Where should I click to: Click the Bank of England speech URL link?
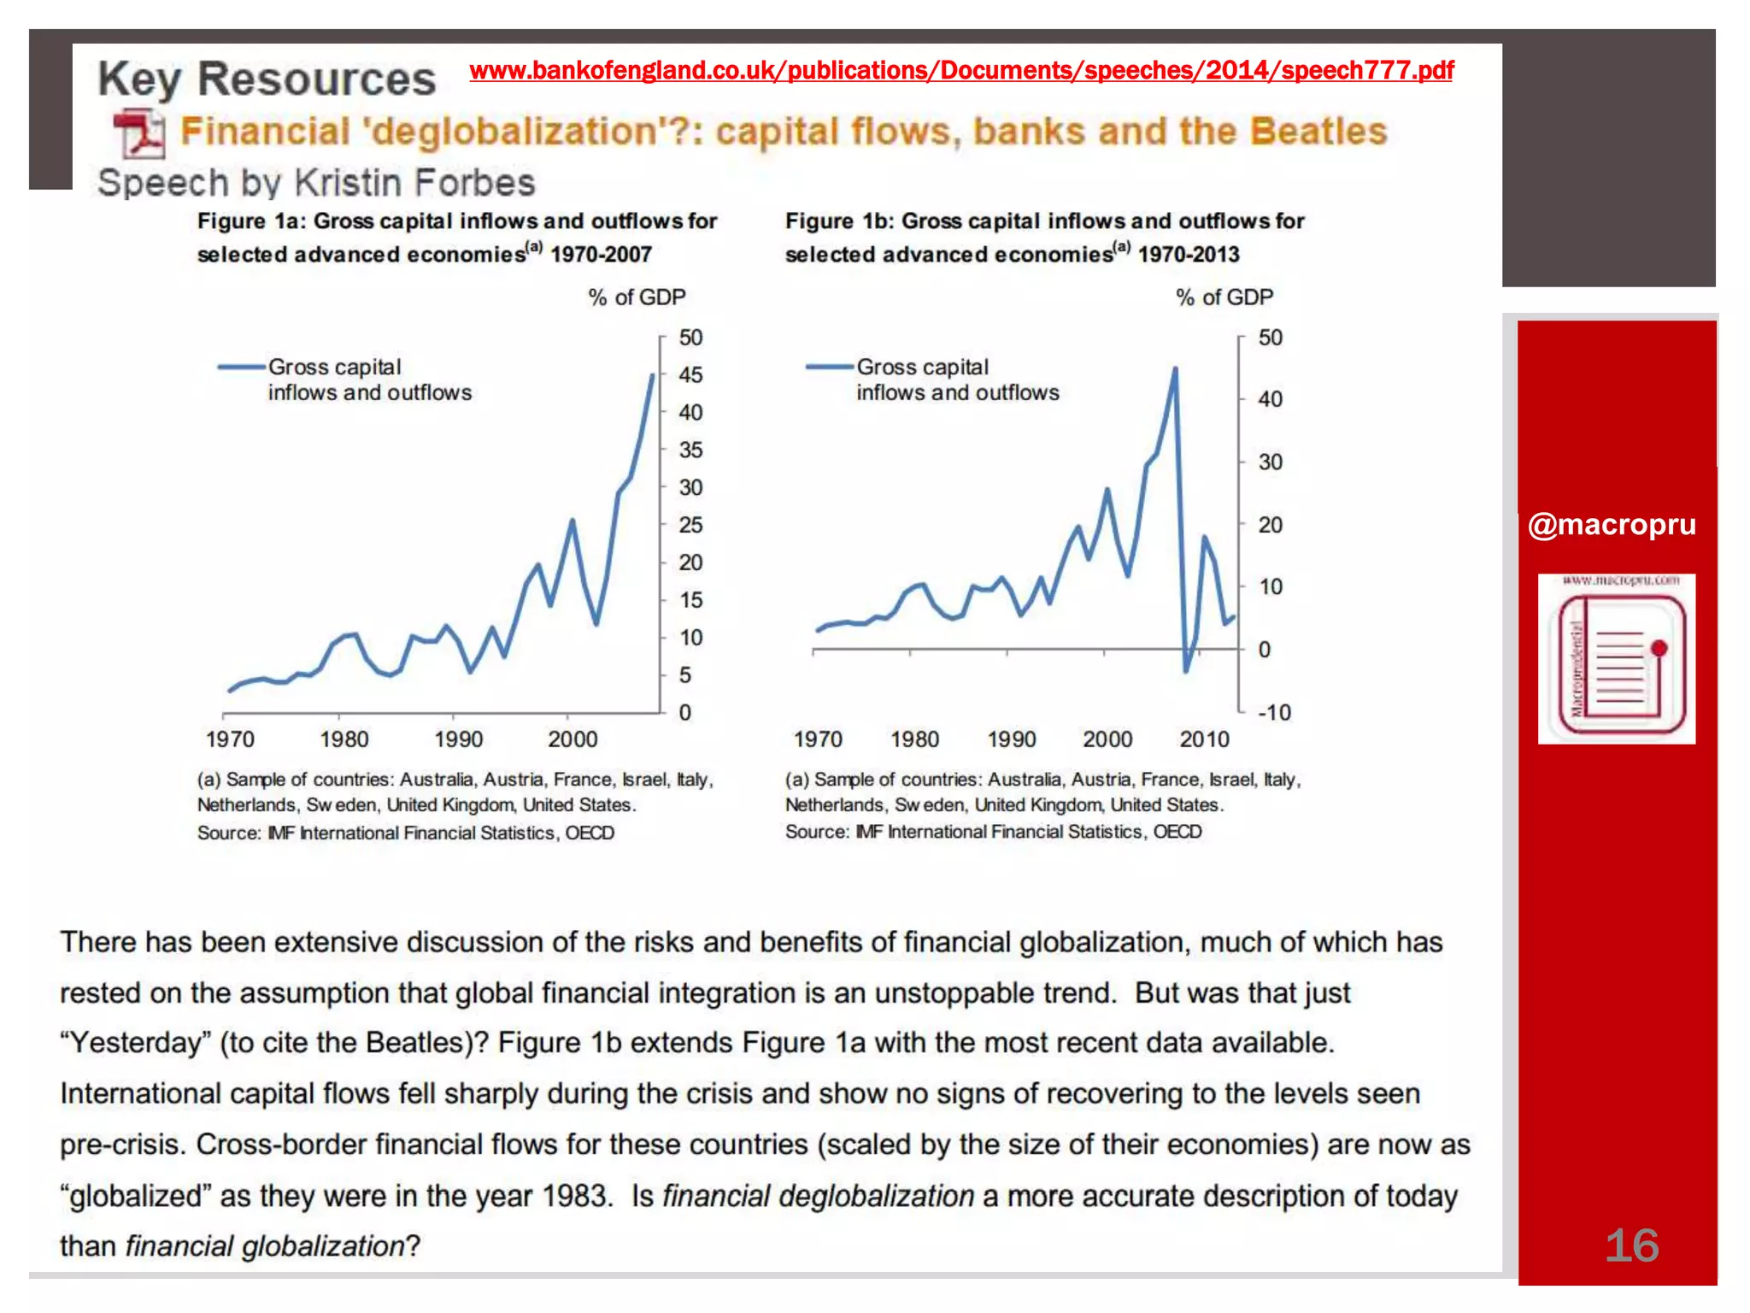click(961, 71)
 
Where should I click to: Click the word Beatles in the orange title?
click(1318, 132)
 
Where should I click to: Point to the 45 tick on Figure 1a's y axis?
click(690, 375)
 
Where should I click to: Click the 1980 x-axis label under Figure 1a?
click(344, 739)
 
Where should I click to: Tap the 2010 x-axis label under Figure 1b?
click(1204, 739)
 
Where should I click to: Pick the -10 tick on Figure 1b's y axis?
click(1273, 713)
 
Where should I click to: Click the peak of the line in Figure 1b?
click(1175, 369)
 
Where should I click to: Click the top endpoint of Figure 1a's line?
click(653, 375)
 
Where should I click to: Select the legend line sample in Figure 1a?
click(242, 368)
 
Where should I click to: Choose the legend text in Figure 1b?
click(957, 380)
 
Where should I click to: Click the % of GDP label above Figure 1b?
click(1224, 297)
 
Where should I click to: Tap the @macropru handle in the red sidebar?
click(1612, 524)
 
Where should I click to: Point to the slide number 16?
click(1631, 1245)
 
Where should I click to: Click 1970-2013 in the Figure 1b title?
click(1189, 255)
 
